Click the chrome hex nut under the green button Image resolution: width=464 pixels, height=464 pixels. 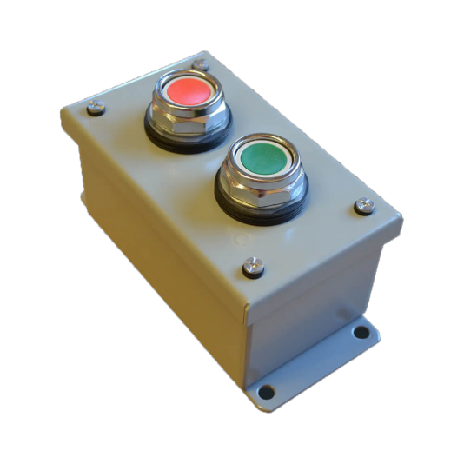(x=260, y=192)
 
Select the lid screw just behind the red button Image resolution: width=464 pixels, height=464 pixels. (x=200, y=63)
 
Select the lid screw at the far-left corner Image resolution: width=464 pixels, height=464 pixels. (x=96, y=109)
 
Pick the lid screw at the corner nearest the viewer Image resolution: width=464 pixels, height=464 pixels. (x=253, y=268)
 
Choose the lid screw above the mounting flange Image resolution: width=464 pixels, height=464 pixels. (x=364, y=206)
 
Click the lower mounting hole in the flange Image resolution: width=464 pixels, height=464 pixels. (x=267, y=392)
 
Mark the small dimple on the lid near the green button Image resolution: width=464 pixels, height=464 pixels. (x=241, y=235)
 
